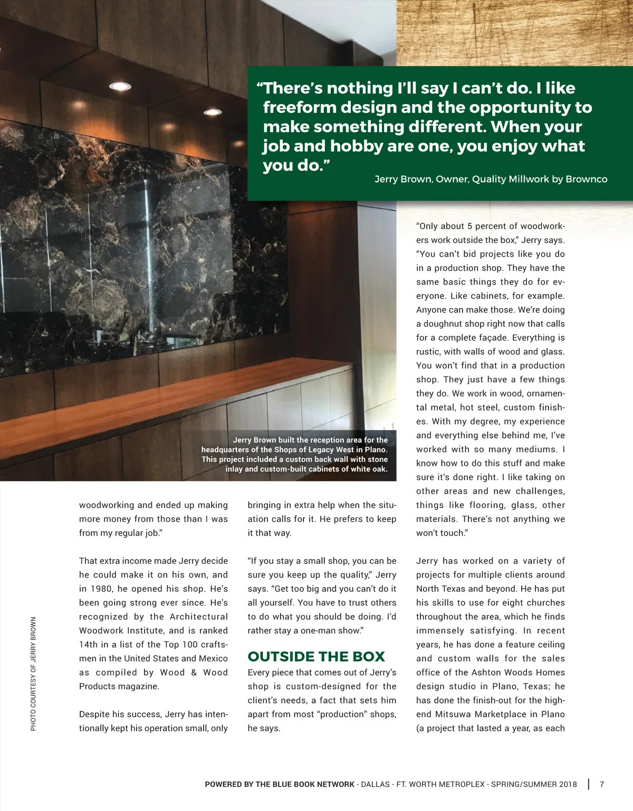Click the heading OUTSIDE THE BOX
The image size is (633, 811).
click(x=316, y=657)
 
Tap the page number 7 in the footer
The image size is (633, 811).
click(x=602, y=784)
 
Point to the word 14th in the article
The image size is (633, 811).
click(x=89, y=644)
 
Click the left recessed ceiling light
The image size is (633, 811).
click(x=120, y=86)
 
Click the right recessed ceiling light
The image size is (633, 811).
click(x=213, y=112)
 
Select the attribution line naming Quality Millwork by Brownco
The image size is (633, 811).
click(x=491, y=179)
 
